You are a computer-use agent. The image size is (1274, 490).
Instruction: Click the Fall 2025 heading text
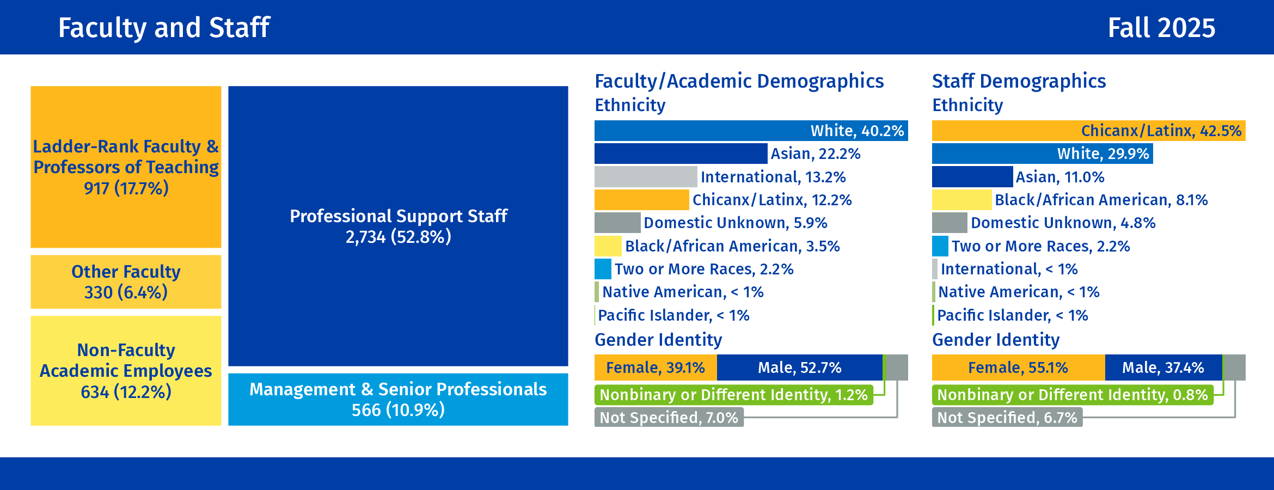pos(1161,28)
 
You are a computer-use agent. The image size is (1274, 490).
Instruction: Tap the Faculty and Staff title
pos(164,28)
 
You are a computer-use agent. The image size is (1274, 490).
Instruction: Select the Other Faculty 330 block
pos(126,282)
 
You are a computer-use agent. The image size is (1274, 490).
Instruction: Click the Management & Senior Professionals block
pos(398,399)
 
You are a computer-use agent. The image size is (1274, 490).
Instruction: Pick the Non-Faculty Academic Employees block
pos(126,370)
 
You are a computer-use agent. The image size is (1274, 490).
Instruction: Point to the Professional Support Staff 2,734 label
pos(398,226)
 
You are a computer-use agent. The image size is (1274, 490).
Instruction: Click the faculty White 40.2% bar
pos(751,131)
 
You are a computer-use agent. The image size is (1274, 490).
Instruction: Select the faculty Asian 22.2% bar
pos(681,154)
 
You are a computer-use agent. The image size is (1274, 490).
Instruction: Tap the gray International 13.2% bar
pos(646,177)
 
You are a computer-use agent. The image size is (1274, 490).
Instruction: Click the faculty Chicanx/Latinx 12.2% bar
pos(641,200)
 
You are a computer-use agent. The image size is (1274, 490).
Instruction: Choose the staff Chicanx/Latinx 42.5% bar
pos(1088,131)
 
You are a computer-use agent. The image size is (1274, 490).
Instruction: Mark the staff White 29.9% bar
pos(1042,154)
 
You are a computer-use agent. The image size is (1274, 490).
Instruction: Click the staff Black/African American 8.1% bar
pos(961,200)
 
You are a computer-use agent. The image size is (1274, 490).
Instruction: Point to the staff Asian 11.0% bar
pos(972,177)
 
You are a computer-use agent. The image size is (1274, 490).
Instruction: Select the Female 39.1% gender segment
pos(656,367)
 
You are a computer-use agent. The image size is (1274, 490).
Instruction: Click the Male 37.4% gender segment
pos(1163,367)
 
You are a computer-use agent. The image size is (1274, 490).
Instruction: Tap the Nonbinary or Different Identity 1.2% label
pos(733,395)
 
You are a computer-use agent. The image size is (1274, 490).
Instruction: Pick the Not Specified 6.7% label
pos(1007,418)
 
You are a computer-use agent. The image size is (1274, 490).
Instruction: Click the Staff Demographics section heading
pos(1019,81)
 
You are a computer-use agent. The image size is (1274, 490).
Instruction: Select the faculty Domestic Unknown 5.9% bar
pos(617,223)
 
